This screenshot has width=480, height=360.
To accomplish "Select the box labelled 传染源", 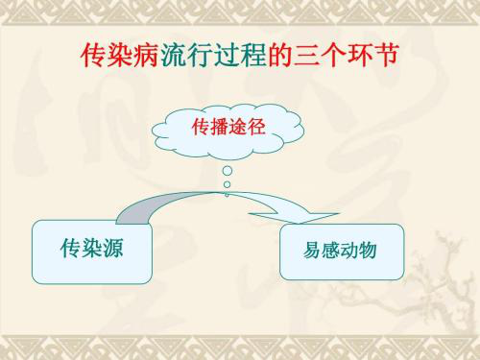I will (x=92, y=252).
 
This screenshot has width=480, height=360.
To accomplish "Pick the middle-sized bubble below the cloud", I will (x=227, y=185).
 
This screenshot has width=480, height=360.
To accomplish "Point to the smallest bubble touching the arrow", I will (x=227, y=194).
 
